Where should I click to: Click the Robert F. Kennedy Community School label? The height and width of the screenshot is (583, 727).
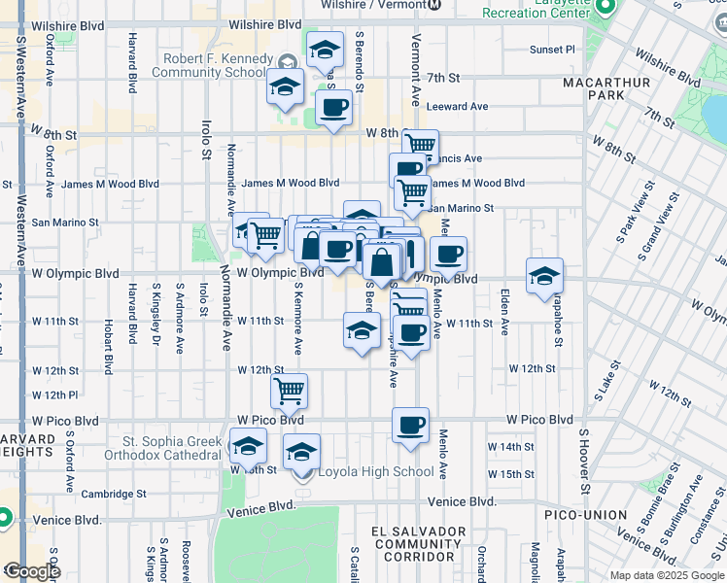coord(214,65)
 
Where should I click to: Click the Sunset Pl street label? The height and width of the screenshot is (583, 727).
coord(552,49)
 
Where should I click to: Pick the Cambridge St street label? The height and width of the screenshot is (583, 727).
coord(114,494)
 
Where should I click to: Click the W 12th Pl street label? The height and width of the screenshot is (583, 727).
coord(54,395)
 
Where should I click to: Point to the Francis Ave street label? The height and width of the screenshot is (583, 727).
coord(459,158)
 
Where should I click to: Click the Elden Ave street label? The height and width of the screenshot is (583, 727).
coord(504,311)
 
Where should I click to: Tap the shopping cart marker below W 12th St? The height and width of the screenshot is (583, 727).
coord(289,391)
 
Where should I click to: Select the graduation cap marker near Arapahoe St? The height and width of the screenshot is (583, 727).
coord(544,276)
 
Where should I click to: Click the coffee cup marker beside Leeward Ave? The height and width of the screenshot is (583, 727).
coord(334,107)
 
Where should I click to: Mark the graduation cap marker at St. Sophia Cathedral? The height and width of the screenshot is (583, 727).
coord(247,447)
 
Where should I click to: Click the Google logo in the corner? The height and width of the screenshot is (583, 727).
coord(31,571)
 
